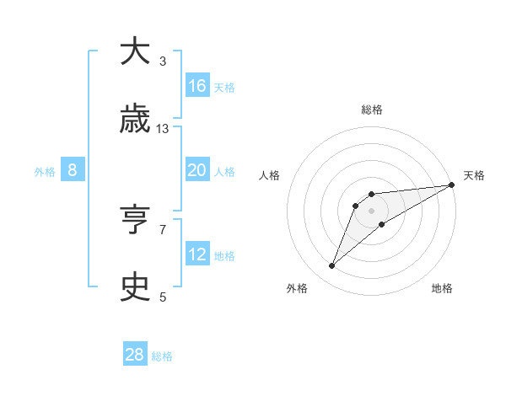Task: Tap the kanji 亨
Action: point(135,221)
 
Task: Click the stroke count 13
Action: point(163,129)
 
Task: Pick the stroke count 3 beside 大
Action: point(163,62)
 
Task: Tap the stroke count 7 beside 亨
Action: point(163,229)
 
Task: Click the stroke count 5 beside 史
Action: point(163,297)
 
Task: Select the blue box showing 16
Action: point(197,86)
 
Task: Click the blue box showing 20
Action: point(197,170)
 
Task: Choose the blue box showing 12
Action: point(197,254)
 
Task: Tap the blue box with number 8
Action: point(73,170)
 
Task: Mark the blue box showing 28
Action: point(135,355)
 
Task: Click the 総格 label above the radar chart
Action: point(372,110)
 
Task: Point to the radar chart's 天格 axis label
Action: point(474,175)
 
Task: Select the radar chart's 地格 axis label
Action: point(442,288)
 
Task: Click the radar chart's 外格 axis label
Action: point(297,288)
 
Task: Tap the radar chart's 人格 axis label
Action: point(270,175)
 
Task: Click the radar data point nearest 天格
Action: point(451,185)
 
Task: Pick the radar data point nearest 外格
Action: point(332,266)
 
